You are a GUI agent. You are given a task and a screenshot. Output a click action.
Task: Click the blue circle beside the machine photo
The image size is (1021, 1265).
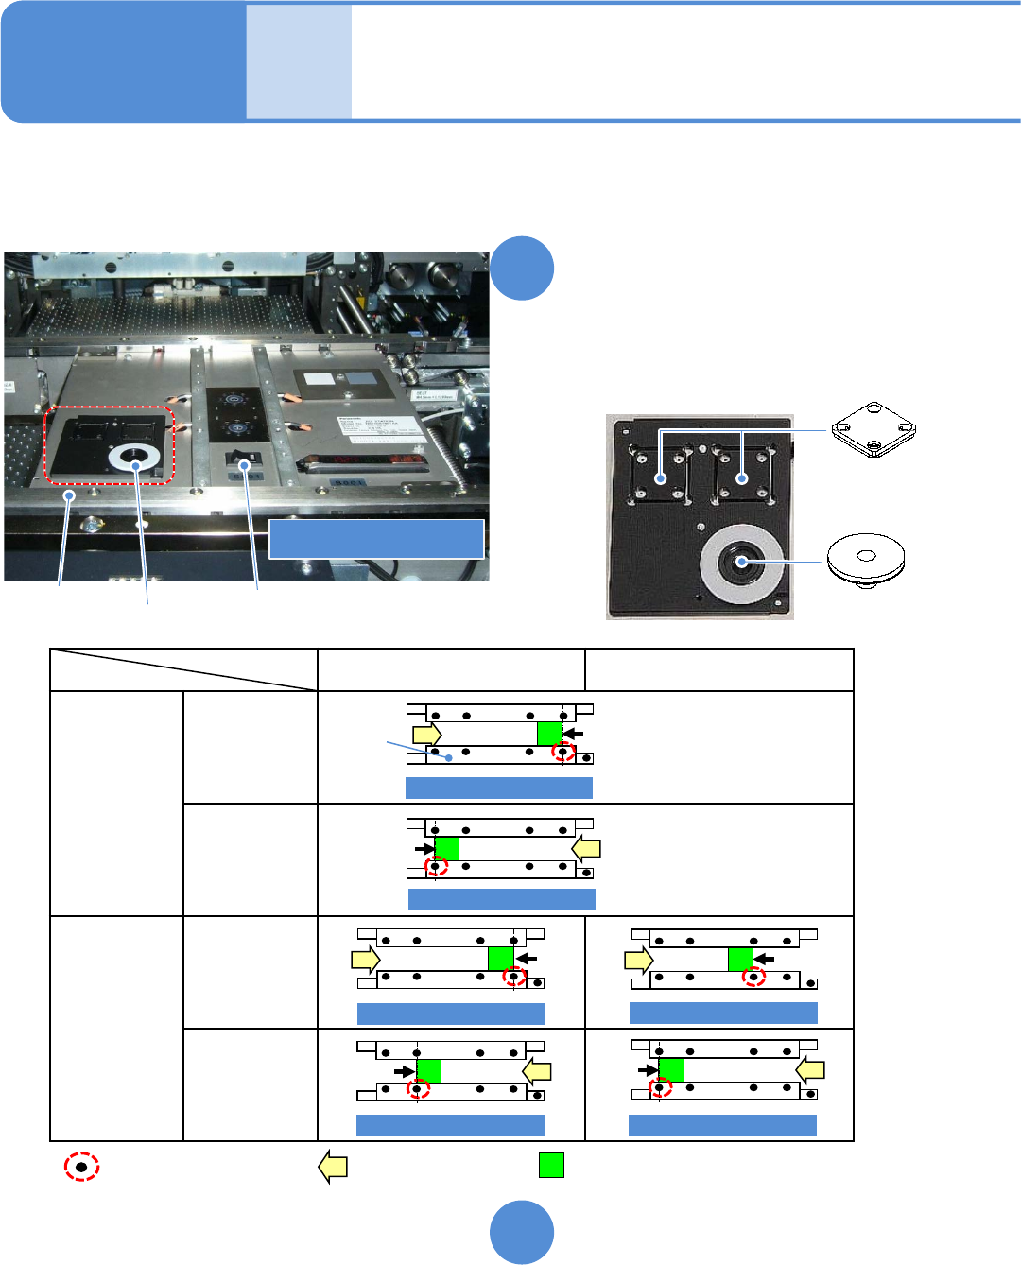coord(522,269)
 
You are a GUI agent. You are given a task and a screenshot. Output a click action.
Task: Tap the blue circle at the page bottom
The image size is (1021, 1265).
coord(522,1232)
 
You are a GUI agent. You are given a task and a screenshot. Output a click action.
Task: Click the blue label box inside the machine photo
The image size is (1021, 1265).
coord(376,538)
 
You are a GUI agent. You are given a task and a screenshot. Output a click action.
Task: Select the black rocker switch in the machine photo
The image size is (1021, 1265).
coord(244,464)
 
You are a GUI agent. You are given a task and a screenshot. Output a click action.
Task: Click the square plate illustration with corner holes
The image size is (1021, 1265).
coord(874,430)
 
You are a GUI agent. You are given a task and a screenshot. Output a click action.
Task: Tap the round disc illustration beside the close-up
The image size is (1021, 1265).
coord(865,559)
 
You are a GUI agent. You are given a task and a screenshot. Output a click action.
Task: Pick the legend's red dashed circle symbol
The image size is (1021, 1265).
coord(81,1167)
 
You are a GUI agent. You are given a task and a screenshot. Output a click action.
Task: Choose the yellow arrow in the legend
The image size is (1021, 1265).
coord(333,1167)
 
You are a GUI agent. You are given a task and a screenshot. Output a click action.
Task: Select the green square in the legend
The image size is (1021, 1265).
coord(551,1165)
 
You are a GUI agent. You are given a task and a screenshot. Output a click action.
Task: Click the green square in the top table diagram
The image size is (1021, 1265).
coord(549,733)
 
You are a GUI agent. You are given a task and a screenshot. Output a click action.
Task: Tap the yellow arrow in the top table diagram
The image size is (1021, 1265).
coord(427,734)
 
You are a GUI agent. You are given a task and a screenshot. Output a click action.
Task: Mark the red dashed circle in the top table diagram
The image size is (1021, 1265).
coord(563,753)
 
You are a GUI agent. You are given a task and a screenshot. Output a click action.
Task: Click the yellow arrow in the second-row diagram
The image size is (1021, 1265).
coord(587,848)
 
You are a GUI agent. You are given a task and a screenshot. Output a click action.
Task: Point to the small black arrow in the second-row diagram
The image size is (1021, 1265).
coord(424,848)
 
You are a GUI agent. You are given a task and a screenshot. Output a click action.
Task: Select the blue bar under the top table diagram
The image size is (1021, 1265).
coord(498,788)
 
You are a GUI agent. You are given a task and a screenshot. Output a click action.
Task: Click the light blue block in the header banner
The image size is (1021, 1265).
coord(299,61)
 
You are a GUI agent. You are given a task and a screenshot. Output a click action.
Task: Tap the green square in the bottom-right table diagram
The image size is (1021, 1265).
coord(671,1070)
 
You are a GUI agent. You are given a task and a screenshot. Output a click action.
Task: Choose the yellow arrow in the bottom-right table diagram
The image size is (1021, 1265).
coord(810,1070)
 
